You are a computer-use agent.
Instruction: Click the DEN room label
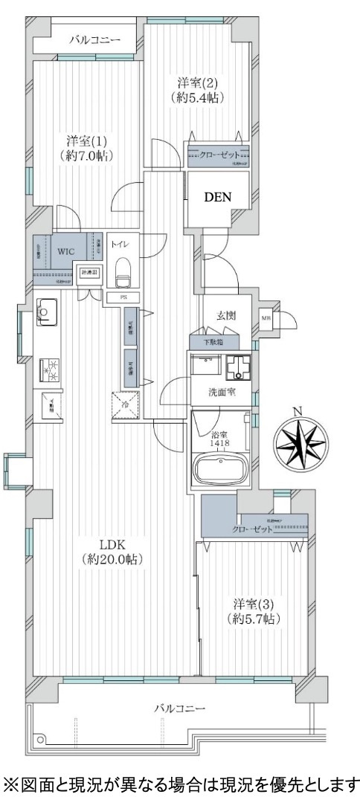[x=219, y=198]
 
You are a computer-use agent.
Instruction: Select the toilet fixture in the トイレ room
[x=124, y=272]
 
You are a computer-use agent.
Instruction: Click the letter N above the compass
[x=298, y=411]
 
